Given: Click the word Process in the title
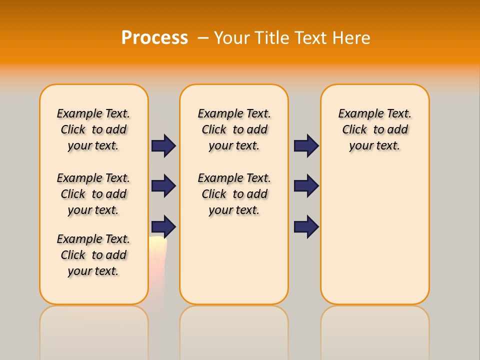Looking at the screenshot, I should pyautogui.click(x=154, y=38).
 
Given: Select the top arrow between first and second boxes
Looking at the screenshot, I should pyautogui.click(x=163, y=145).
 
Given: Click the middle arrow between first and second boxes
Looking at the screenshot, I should pyautogui.click(x=163, y=186).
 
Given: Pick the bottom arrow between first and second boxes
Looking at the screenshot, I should pyautogui.click(x=163, y=226).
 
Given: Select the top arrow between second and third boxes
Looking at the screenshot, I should pyautogui.click(x=306, y=145).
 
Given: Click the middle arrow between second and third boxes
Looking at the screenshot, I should pyautogui.click(x=306, y=186).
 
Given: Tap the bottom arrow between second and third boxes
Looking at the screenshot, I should pyautogui.click(x=306, y=226).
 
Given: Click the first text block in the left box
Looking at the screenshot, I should pyautogui.click(x=93, y=129).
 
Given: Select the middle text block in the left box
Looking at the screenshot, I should pyautogui.click(x=93, y=194).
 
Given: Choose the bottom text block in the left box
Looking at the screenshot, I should pyautogui.click(x=93, y=255).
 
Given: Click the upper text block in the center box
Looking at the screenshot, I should pyautogui.click(x=234, y=129).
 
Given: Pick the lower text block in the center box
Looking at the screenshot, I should pyautogui.click(x=234, y=194).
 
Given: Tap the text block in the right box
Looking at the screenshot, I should pyautogui.click(x=375, y=129).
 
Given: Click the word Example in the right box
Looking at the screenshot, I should pyautogui.click(x=357, y=114).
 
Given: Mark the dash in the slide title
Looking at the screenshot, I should pyautogui.click(x=203, y=38).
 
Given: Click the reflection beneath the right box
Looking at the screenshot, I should pyautogui.click(x=375, y=330).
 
